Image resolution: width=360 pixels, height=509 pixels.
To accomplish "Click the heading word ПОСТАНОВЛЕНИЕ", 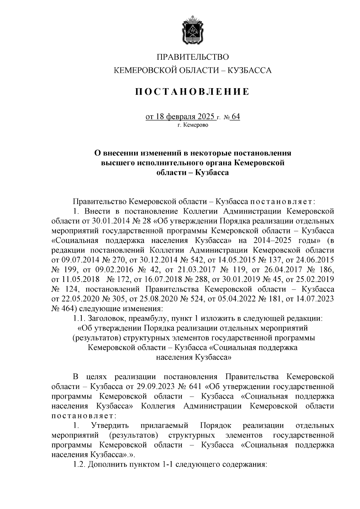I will point(192,91).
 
